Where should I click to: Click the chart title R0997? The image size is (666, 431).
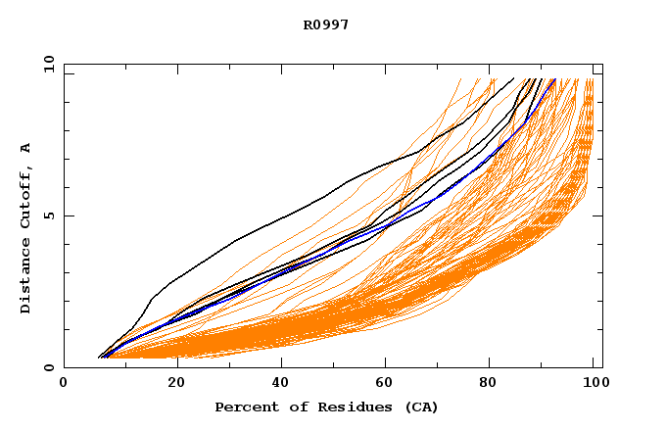tap(326, 24)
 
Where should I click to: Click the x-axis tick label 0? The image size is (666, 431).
tap(64, 384)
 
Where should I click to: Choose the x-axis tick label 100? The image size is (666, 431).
tap(595, 384)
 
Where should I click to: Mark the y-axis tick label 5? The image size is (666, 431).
tap(49, 215)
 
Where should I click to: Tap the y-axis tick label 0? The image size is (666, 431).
tap(49, 367)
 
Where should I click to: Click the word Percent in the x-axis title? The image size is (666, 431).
tap(245, 407)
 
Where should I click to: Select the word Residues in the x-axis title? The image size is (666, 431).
tap(347, 407)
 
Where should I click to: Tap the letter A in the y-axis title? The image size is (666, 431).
tap(25, 148)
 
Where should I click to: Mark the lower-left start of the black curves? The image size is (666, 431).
tap(101, 356)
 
